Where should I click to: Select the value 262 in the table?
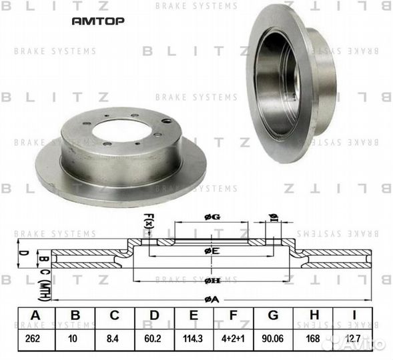click(x=33, y=339)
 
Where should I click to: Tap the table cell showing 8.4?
click(x=114, y=339)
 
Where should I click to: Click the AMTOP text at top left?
click(x=97, y=21)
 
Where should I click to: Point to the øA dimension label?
click(x=211, y=299)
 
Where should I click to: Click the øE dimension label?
click(x=212, y=251)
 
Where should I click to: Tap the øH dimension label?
click(x=211, y=281)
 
